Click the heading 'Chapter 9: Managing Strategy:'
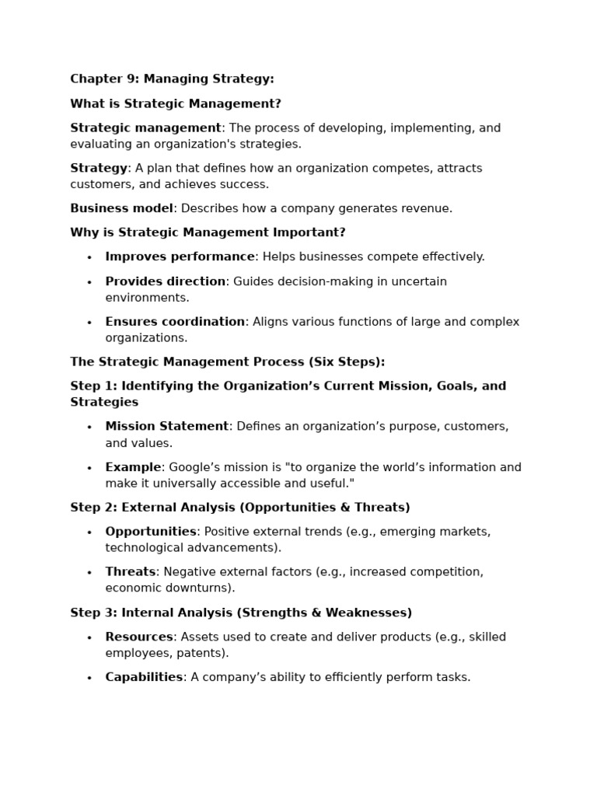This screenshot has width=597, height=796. pyautogui.click(x=172, y=79)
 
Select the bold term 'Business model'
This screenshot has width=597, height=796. pyautogui.click(x=121, y=208)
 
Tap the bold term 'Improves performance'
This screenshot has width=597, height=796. pyautogui.click(x=180, y=257)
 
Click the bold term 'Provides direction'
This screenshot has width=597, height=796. pyautogui.click(x=165, y=281)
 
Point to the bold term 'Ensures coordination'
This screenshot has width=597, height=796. pyautogui.click(x=175, y=322)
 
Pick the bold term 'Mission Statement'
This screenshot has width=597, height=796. pyautogui.click(x=166, y=426)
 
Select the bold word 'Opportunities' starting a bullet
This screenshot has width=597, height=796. pyautogui.click(x=151, y=532)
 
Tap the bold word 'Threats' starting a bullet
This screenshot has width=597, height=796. pyautogui.click(x=131, y=572)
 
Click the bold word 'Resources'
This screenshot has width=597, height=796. pyautogui.click(x=139, y=637)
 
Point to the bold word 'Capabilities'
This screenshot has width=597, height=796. pyautogui.click(x=144, y=677)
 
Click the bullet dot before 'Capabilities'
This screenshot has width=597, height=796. pyautogui.click(x=89, y=679)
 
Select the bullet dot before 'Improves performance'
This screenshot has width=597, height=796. pyautogui.click(x=89, y=258)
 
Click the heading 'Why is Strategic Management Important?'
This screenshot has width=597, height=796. pyautogui.click(x=208, y=232)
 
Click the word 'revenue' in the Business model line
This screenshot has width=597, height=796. pyautogui.click(x=424, y=208)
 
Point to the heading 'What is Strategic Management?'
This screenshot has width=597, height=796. pyautogui.click(x=175, y=103)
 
